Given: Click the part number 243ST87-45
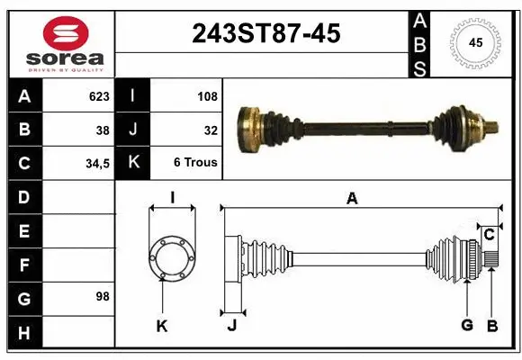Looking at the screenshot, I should pos(266,34).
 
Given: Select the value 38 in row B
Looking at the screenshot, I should pos(103,130).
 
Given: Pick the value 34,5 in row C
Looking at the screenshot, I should pos(97,164).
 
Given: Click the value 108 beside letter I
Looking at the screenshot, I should pos(206,96).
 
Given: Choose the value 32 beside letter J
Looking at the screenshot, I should pos(211,130).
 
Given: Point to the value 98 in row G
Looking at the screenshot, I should pos(102,296).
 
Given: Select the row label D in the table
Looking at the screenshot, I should pos(23,197).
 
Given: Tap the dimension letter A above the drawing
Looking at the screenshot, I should pos(352,199).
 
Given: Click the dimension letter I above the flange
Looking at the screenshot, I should pos(172,197).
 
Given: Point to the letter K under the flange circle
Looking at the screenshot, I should pos(162,327).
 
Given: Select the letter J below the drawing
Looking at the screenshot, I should pos(231,326).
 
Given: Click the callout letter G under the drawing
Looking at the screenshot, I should pos(467,325).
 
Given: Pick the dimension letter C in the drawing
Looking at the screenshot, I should pos(490,235).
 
